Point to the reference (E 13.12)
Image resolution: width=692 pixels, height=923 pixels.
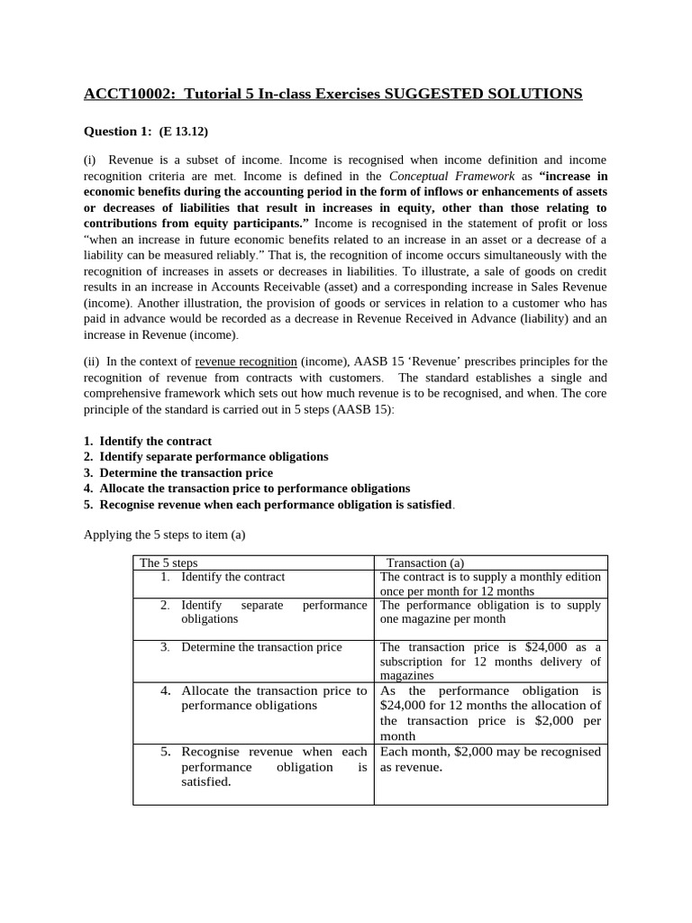pos(183,132)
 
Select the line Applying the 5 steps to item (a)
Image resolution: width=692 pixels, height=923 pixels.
pos(164,535)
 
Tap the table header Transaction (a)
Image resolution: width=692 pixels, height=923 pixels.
pos(424,562)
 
